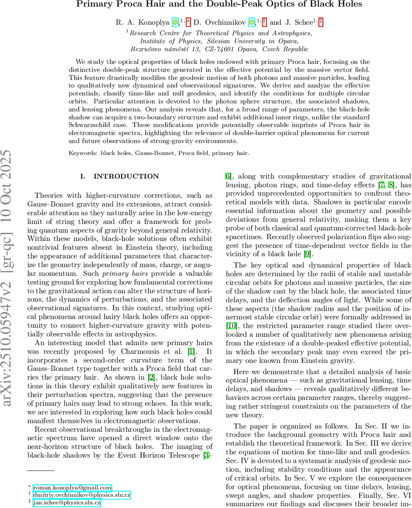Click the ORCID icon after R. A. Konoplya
point(176,22)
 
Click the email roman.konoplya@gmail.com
point(72,487)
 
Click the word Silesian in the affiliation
point(220,41)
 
